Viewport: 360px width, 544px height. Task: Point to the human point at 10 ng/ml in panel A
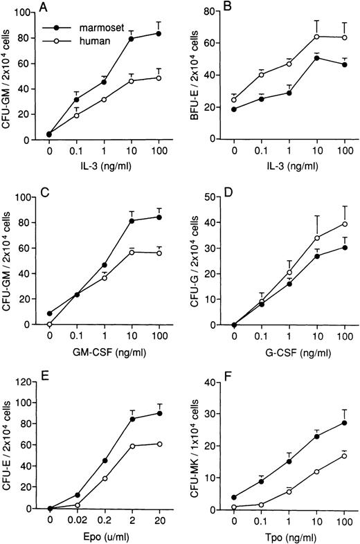[x=132, y=81]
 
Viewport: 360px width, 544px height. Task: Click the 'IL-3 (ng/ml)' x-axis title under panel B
[x=289, y=165]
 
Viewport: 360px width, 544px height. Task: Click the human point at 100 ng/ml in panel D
[x=344, y=224]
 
